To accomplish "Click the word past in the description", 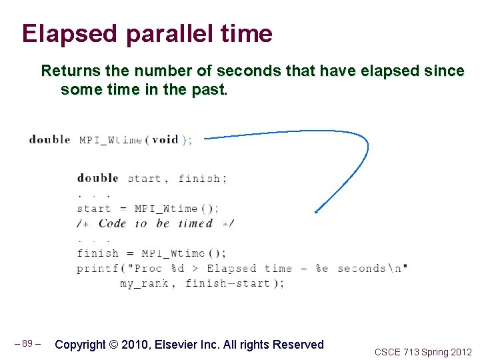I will click(210, 89).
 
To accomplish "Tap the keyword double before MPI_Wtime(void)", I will click(49, 139).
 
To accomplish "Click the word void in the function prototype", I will click(165, 139).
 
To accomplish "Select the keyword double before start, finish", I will click(97, 178).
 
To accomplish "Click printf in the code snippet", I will click(97, 268).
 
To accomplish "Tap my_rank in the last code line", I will click(147, 283).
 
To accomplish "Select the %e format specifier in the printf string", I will click(321, 268).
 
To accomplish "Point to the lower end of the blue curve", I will click(316, 212).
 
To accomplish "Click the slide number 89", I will click(27, 344).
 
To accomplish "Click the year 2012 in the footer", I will click(459, 352).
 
